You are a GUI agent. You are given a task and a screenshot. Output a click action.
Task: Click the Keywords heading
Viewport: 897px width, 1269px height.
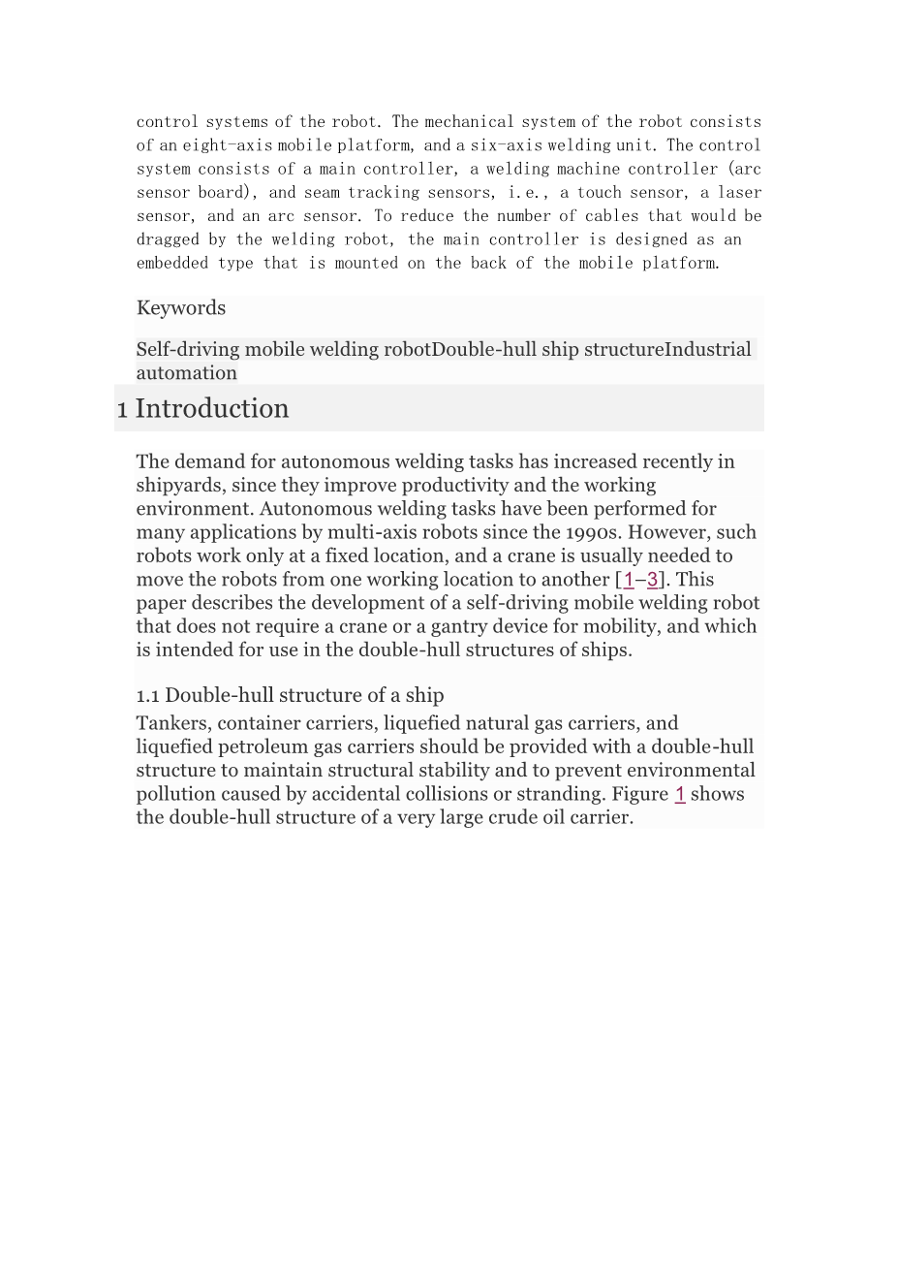click(x=181, y=308)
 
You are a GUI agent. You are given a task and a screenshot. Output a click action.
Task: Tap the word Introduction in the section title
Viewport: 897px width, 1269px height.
click(x=212, y=408)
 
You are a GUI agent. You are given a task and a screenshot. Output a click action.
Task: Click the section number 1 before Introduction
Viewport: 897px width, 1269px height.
click(x=122, y=409)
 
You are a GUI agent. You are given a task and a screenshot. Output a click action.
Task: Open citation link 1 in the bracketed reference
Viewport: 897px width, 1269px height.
click(x=629, y=580)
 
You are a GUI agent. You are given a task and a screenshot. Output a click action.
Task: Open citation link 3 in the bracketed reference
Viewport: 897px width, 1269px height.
click(x=653, y=580)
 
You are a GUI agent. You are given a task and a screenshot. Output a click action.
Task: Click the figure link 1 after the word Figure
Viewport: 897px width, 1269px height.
click(x=680, y=794)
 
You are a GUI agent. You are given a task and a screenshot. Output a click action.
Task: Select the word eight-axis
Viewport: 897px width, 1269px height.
click(x=228, y=145)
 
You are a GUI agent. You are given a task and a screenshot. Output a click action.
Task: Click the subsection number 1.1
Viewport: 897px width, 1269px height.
click(x=147, y=695)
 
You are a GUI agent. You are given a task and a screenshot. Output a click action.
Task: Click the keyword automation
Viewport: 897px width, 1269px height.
click(x=187, y=373)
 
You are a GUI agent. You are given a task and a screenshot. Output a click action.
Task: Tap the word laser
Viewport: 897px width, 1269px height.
click(x=739, y=192)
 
